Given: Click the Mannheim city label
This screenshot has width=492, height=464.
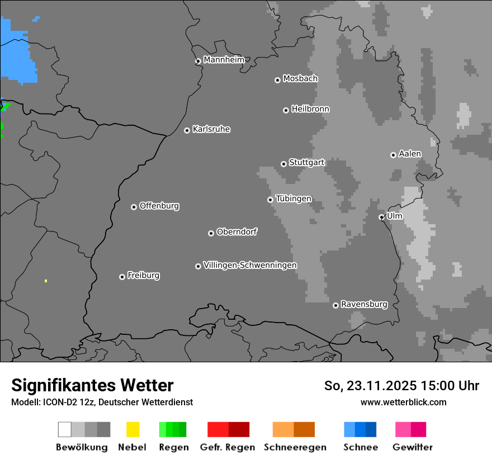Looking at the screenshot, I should pos(224,60).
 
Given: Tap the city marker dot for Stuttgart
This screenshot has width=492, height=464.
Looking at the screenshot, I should pos(283,164).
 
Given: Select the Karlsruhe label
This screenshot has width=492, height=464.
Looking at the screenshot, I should pos(211,129).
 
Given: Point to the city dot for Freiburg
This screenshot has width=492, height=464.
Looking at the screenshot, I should pos(122,277).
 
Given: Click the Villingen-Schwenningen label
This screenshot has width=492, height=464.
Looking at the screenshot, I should pos(250,265).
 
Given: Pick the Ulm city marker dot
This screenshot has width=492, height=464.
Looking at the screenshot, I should pos(381,217).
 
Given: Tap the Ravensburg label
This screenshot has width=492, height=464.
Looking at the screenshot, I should pos(364,304).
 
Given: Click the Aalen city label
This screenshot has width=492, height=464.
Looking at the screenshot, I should pos(410,154).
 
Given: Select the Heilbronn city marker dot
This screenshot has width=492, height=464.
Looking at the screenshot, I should pos(286,110).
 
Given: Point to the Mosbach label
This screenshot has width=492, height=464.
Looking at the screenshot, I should pos(300,79).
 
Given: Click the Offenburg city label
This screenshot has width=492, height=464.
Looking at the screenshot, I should pos(159,206).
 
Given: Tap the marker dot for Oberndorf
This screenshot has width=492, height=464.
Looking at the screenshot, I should pos(211,233).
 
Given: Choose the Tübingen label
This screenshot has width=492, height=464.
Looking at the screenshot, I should pos(294,198).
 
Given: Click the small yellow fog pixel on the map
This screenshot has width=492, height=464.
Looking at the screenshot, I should pos(46,281).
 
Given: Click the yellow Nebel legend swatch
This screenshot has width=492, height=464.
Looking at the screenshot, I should pos(133,429).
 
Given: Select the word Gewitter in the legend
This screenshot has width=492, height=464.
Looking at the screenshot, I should pos(413,447).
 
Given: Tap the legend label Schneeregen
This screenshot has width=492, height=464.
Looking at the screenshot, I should pos(295,447).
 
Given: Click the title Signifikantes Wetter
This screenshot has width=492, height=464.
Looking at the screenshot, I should pos(92,385).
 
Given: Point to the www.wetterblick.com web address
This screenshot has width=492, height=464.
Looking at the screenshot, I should pos(403,402).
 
